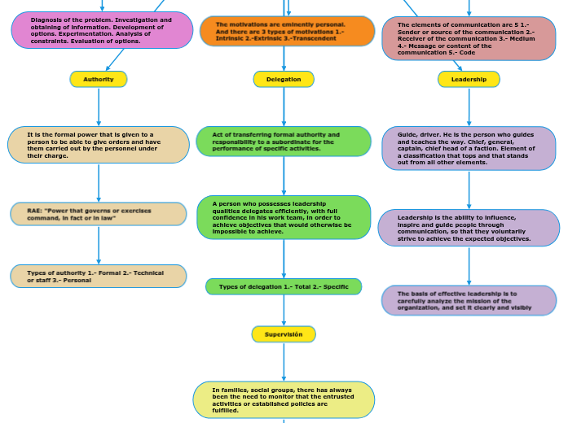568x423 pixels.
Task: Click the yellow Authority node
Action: coord(99,79)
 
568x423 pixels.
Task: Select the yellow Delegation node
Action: coord(284,79)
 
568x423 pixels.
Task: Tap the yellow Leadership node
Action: coord(469,79)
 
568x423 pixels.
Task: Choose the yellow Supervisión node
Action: coord(284,334)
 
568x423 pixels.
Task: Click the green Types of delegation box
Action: coord(284,286)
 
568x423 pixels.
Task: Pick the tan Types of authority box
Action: coord(99,277)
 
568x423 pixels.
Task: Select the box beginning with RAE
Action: coord(99,214)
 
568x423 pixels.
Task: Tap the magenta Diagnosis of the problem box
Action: coord(102,30)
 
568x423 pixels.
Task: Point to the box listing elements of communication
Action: coord(469,39)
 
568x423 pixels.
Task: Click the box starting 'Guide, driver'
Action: coord(469,148)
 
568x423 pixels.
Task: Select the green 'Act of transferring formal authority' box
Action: coord(284,142)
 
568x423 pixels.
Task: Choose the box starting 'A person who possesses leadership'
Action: coord(284,217)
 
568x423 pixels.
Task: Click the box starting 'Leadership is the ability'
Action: coord(469,228)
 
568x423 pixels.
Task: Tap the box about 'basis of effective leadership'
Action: coord(469,300)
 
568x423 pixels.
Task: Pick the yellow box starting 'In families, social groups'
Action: coord(284,399)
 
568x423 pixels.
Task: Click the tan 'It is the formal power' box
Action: coord(99,145)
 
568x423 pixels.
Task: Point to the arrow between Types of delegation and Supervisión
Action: coord(284,311)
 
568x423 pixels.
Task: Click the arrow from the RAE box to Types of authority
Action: coord(99,245)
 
